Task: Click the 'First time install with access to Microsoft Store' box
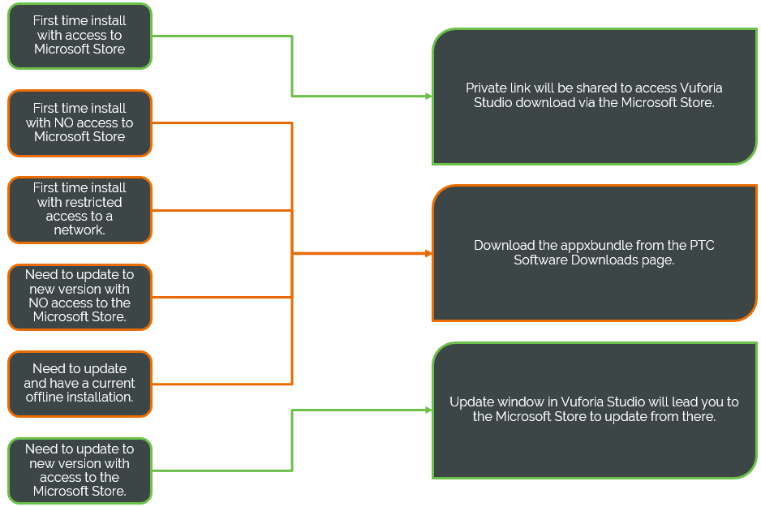pos(80,36)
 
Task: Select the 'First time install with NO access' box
pos(80,122)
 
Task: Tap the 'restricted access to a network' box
pos(80,209)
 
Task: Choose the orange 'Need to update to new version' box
pos(80,296)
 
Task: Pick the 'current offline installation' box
pos(80,383)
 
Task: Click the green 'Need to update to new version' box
pos(80,470)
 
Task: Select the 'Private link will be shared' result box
pos(594,96)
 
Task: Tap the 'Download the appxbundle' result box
pos(594,252)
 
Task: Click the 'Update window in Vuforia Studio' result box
pos(594,410)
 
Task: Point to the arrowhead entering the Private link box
pos(428,96)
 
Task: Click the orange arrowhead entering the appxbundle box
pos(428,253)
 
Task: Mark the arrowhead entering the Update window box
pos(428,410)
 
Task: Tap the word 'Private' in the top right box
pos(485,88)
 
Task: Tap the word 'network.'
pos(80,230)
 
